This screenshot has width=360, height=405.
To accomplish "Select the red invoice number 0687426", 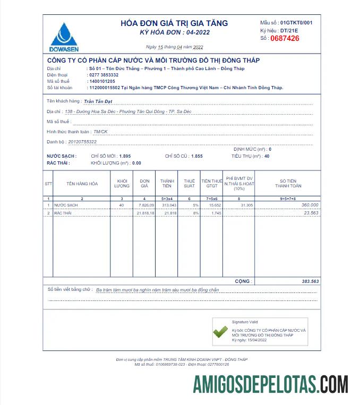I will coord(285,38).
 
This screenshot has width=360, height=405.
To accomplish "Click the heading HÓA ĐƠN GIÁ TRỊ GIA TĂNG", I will coord(174,23).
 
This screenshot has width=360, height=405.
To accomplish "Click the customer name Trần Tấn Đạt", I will coord(98,100).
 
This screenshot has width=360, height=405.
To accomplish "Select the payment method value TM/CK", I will coord(100,131).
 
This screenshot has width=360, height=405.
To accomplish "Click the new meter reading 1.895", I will coord(125,157).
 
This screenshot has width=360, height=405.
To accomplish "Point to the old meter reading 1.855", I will coord(197,157).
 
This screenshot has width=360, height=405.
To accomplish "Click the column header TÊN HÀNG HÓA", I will coord(82,184).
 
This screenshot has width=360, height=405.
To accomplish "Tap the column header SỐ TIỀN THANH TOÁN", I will coord(288,183).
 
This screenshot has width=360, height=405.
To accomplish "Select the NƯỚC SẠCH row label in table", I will coord(66,205).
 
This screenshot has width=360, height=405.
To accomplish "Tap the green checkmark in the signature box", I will coord(220,332).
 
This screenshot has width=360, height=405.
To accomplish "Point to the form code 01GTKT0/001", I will coord(296,23).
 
